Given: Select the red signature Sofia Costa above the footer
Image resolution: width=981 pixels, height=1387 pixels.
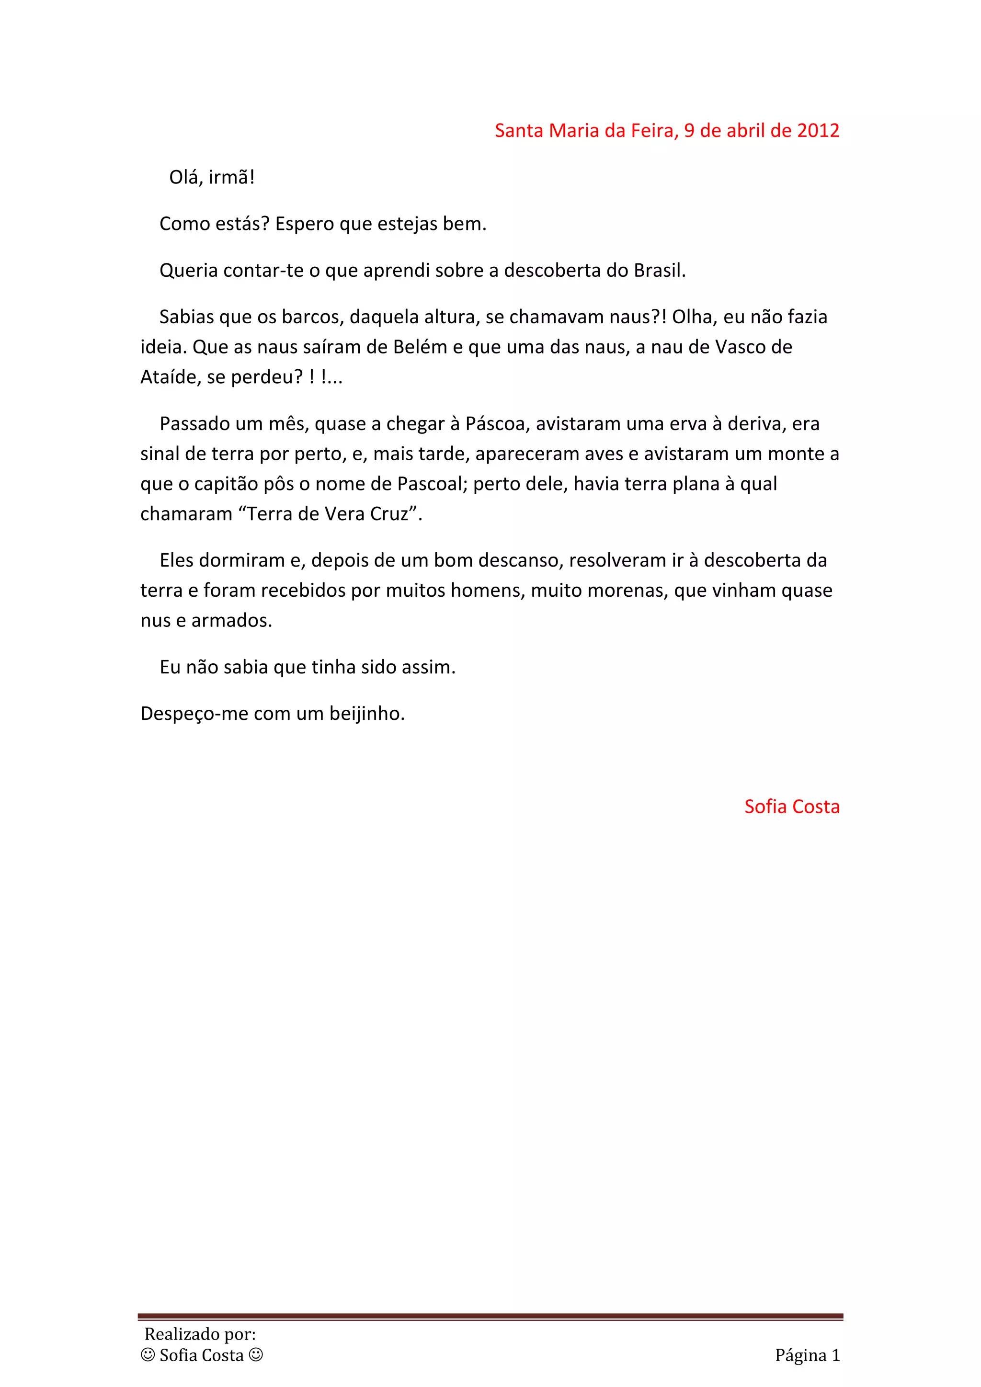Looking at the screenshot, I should coord(791,807).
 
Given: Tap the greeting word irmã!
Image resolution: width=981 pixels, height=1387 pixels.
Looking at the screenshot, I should coord(232,178).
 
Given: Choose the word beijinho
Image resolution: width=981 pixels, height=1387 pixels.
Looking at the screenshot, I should coord(366,714).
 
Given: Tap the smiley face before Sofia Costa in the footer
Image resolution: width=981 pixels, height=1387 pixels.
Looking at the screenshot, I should coord(148,1355).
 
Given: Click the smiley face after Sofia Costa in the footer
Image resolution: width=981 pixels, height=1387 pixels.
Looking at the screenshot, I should coord(256,1355).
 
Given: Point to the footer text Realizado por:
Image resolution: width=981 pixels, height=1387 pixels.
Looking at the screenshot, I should coord(200,1334).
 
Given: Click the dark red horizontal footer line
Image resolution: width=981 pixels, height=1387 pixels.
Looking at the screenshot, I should coord(490,1316).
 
